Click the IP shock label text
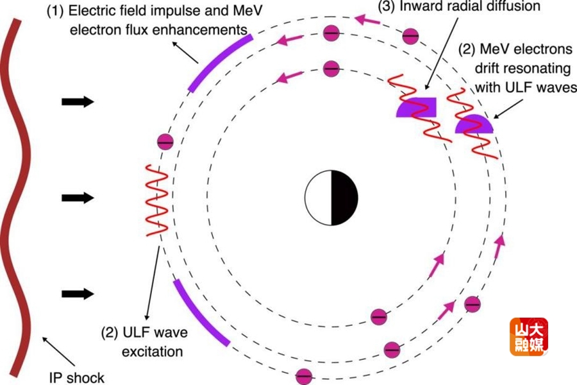point(76,377)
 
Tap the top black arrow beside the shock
point(78,101)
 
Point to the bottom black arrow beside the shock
point(78,293)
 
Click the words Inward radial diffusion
point(470,6)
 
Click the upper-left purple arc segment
point(219,62)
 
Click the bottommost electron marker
point(304,376)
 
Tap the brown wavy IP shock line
point(18,193)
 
